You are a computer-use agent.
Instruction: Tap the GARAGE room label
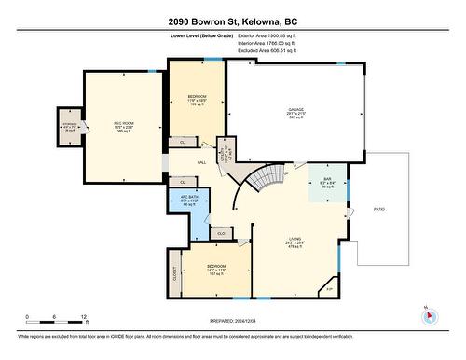click(295, 110)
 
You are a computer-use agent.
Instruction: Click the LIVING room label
click(295, 240)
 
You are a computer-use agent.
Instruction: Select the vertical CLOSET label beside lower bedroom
click(173, 273)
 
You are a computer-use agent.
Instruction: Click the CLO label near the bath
click(220, 232)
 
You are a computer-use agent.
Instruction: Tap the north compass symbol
click(429, 315)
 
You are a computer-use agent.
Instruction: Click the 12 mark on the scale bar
click(85, 318)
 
